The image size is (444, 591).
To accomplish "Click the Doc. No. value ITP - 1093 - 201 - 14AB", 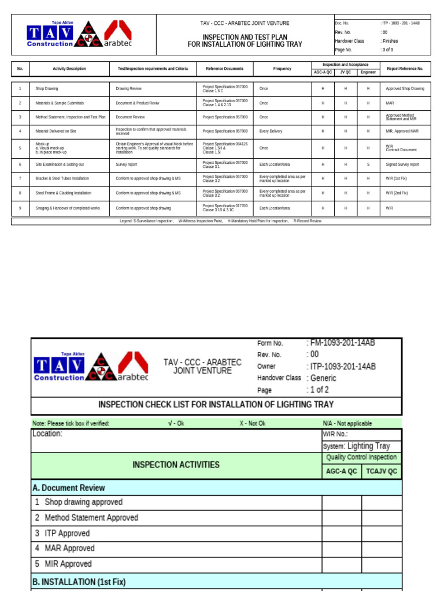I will pyautogui.click(x=400, y=23).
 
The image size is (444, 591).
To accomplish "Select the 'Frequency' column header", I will pyautogui.click(x=282, y=69).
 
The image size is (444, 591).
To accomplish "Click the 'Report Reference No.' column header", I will pyautogui.click(x=405, y=69).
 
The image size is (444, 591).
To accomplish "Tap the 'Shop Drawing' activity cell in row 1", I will pyautogui.click(x=47, y=89).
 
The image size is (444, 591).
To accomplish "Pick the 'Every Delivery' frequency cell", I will pyautogui.click(x=271, y=132).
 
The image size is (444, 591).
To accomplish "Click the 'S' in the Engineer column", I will pyautogui.click(x=368, y=164).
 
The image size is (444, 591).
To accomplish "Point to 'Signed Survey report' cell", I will pyautogui.click(x=402, y=164).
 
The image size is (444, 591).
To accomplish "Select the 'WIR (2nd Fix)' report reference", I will pyautogui.click(x=397, y=193).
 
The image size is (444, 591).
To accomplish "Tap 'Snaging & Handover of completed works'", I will pyautogui.click(x=68, y=208).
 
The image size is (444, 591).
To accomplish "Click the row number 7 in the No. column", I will pyautogui.click(x=20, y=178).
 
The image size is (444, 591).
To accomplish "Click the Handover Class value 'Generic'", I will pyautogui.click(x=323, y=378).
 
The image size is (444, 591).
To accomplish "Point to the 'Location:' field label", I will pyautogui.click(x=47, y=433).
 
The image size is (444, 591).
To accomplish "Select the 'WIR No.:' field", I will pyautogui.click(x=335, y=434).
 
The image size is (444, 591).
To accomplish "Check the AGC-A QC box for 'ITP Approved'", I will pyautogui.click(x=342, y=533).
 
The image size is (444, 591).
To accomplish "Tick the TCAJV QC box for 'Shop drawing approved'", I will pyautogui.click(x=382, y=503).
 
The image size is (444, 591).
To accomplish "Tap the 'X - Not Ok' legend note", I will pyautogui.click(x=253, y=423).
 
